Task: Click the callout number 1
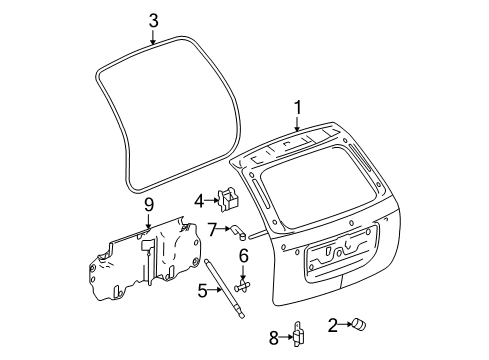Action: [296, 107]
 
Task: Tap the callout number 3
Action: [153, 19]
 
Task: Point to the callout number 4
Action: [200, 198]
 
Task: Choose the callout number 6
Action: [243, 256]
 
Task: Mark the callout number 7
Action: [212, 229]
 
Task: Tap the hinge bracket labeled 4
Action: [230, 198]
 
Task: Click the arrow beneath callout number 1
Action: [296, 124]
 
